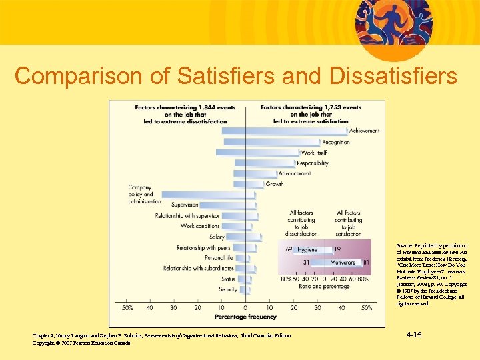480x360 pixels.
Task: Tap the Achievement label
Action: click(x=364, y=131)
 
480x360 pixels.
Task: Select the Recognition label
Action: click(x=335, y=142)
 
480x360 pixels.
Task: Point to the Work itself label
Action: click(x=313, y=153)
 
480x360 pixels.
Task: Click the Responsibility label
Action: click(x=312, y=163)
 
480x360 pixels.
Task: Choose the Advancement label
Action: click(x=294, y=173)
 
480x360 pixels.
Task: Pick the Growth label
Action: click(x=274, y=184)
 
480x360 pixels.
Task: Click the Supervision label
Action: click(x=185, y=205)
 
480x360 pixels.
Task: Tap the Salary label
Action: click(x=217, y=237)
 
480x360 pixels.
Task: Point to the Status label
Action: click(x=228, y=279)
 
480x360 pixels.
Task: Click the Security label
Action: click(x=227, y=289)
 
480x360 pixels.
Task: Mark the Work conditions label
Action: click(x=200, y=226)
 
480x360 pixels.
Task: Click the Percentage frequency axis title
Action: click(x=245, y=317)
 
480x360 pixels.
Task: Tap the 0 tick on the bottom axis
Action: click(x=245, y=308)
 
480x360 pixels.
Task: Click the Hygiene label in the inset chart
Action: click(x=307, y=249)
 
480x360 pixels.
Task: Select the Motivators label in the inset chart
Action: click(x=343, y=263)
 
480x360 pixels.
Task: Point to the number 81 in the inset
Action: click(x=365, y=263)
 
